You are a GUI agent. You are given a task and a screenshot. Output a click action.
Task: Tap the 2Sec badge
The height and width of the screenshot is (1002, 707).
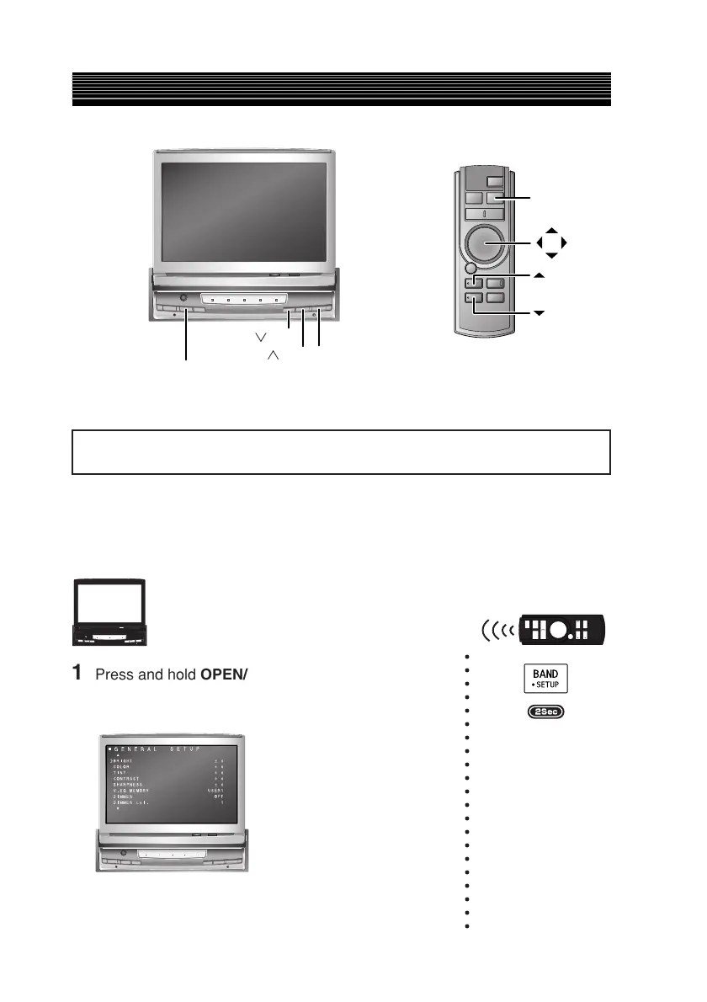[x=546, y=712]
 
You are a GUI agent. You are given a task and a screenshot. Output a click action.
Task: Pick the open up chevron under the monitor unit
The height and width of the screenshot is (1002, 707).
[x=273, y=357]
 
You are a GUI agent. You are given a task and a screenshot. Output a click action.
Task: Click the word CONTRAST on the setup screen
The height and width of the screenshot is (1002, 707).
[x=129, y=780]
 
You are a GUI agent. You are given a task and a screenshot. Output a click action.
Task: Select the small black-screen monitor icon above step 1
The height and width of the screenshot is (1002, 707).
[x=110, y=613]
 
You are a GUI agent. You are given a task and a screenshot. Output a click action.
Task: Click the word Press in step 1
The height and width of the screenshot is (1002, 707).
[x=112, y=674]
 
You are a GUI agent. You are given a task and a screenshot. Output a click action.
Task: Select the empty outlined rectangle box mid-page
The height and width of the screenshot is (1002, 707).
[x=341, y=452]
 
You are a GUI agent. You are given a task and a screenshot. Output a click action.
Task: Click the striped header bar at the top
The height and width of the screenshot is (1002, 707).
[x=341, y=89]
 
